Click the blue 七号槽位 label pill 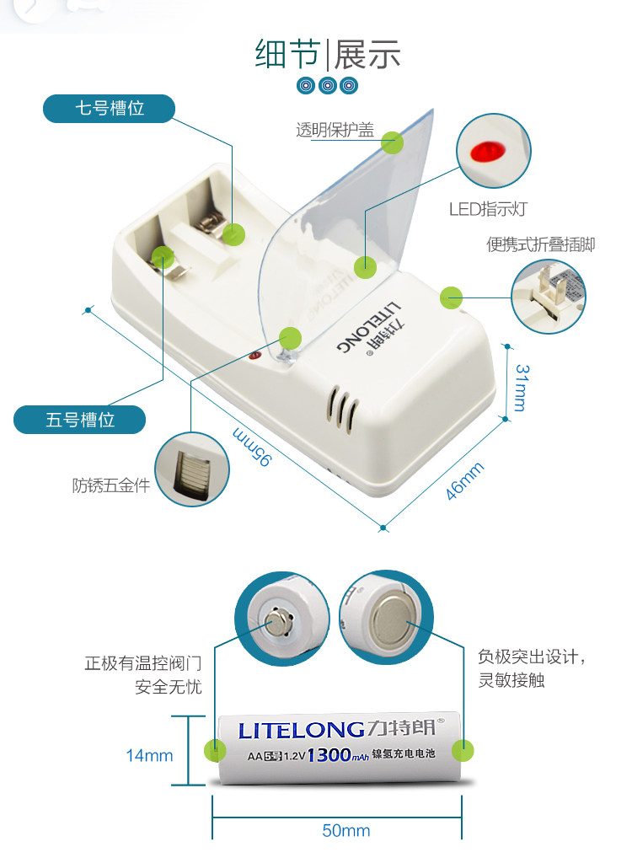[x=110, y=109]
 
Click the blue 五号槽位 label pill [x=80, y=419]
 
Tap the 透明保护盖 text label [x=335, y=131]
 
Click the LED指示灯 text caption [x=487, y=209]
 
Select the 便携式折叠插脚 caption [x=540, y=244]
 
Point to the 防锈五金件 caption [x=110, y=485]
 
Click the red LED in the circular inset [x=486, y=153]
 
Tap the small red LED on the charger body [x=254, y=357]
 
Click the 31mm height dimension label [x=521, y=387]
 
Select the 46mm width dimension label [x=464, y=481]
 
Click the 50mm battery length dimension [x=345, y=831]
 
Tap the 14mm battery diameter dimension [x=149, y=755]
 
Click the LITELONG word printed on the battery [x=300, y=729]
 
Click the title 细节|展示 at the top [x=328, y=54]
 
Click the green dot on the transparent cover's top [x=392, y=142]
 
